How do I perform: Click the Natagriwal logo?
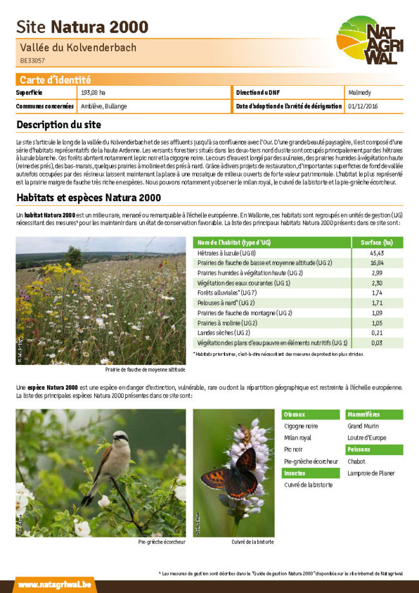[369, 41]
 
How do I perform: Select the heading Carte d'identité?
[55, 80]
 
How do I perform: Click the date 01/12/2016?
[363, 106]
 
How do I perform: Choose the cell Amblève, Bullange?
[104, 106]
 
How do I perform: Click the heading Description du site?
[59, 124]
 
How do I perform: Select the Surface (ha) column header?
[377, 242]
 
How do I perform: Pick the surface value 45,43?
[377, 253]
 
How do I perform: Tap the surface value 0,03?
[377, 343]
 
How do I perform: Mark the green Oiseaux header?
[311, 414]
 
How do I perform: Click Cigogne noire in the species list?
[301, 426]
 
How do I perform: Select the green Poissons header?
[375, 449]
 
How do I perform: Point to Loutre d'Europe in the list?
[367, 438]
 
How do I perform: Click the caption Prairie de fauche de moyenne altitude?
[145, 370]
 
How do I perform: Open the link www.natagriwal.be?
[46, 584]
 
